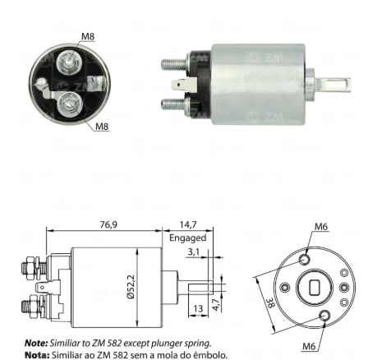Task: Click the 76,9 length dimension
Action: [108, 224]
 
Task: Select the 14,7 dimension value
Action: [188, 224]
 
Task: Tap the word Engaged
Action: [188, 238]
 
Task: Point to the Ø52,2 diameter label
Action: [131, 287]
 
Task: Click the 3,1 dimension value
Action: [194, 252]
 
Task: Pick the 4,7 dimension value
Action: [216, 304]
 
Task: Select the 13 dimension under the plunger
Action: [198, 309]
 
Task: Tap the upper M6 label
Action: [321, 227]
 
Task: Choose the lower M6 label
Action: [309, 346]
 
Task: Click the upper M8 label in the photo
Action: [88, 36]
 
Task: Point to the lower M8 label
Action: [102, 127]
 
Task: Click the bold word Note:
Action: [36, 343]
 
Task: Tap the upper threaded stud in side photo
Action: [174, 64]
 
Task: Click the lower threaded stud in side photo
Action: [174, 104]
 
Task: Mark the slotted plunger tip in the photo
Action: [333, 85]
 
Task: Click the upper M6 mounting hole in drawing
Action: [304, 259]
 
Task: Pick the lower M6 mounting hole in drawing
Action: [324, 316]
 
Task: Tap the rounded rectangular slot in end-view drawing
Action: [315, 288]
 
